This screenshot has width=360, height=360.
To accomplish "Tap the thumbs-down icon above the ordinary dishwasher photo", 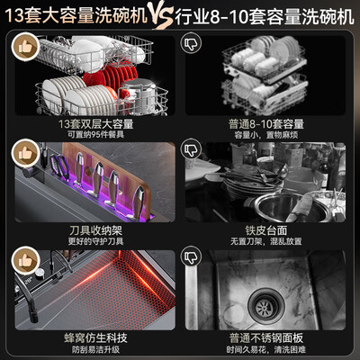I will pos(190,43).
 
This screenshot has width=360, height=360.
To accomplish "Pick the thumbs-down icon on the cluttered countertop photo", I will pos(190,148).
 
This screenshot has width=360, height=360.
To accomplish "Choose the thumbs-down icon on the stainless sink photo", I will pos(190,257).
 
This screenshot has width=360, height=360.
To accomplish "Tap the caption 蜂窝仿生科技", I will pos(95,334).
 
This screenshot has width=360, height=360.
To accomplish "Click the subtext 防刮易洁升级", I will pos(95,347).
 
